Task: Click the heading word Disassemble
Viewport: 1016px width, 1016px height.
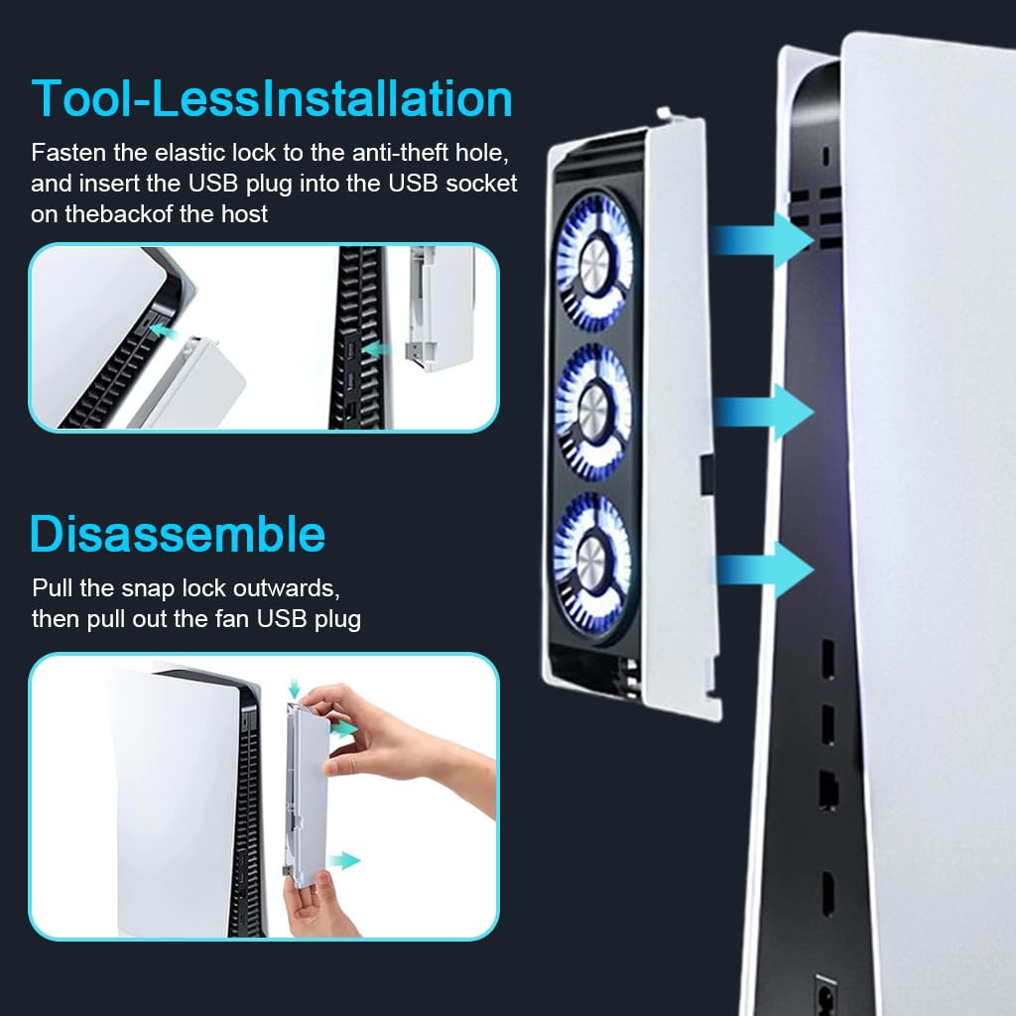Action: point(178,534)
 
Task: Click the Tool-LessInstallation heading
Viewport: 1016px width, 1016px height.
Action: point(272,99)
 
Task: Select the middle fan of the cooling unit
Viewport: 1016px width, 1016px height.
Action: point(593,408)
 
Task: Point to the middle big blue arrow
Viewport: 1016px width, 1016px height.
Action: point(764,411)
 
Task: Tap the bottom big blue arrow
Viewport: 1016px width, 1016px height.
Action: point(764,570)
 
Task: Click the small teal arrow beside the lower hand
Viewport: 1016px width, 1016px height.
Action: point(344,860)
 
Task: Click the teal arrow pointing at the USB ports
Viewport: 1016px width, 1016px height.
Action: point(373,349)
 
